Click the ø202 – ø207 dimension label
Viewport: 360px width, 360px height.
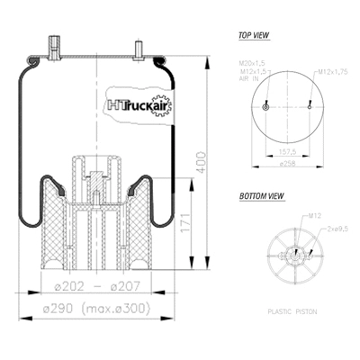(x=90, y=289)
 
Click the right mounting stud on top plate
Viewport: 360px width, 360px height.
(x=140, y=50)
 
